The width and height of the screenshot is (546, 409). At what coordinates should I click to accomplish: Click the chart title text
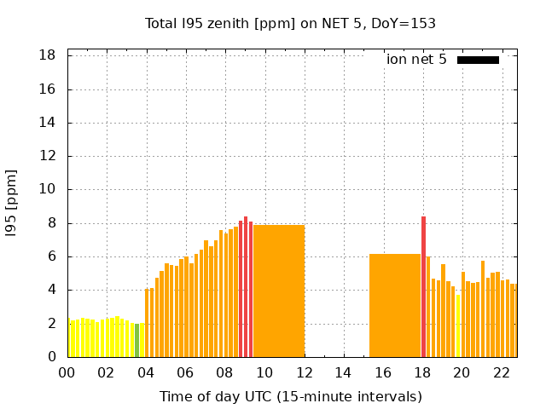pos(290,23)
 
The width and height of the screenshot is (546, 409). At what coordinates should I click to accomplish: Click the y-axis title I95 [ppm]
pos(11,203)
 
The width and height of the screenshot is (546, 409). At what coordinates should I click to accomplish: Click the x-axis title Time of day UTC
pos(290,396)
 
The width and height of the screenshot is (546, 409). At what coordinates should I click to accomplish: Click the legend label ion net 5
pos(416,60)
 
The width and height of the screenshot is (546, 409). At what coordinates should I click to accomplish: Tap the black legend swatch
pos(478,60)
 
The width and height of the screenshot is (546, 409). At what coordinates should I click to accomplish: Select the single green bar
pos(136,340)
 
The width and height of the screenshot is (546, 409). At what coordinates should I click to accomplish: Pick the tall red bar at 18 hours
pos(423,286)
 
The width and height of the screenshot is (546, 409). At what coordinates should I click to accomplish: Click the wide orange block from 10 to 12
pos(279,291)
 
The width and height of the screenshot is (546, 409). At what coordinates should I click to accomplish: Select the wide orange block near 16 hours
pos(394,305)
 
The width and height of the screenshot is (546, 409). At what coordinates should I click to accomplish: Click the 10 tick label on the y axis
pos(49,189)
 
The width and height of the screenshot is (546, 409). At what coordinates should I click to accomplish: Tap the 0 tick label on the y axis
pos(52,357)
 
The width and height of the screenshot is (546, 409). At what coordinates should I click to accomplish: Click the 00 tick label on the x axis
pos(67,373)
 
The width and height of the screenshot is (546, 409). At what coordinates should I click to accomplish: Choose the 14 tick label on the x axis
pos(343,373)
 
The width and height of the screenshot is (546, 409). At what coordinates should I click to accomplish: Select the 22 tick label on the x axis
pos(501,373)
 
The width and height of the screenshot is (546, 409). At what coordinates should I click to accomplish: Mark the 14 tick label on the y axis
pos(49,123)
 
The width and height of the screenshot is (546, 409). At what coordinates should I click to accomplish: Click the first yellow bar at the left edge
pos(70,338)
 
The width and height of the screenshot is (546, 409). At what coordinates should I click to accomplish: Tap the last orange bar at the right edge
pos(514,320)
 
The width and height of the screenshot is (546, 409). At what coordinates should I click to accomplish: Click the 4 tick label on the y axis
pos(52,290)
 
